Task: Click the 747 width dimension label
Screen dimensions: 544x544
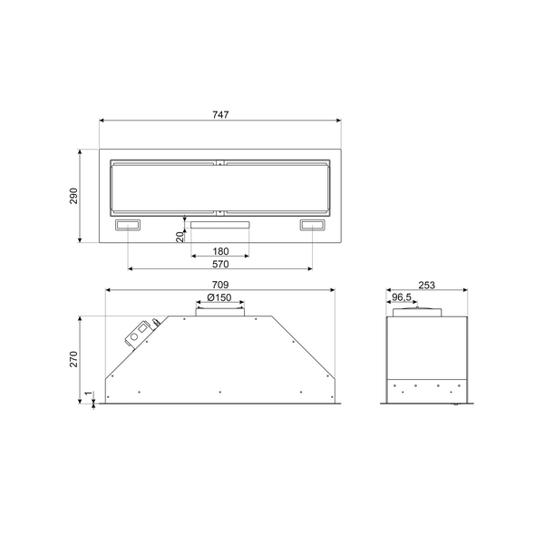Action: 219,114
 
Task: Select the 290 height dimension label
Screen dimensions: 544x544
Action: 74,196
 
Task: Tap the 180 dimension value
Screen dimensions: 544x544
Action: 219,251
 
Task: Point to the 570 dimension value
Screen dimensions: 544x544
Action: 219,265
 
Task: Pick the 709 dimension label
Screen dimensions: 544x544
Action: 219,285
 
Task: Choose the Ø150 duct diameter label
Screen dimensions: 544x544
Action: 219,297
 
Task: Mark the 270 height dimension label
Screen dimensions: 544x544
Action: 74,360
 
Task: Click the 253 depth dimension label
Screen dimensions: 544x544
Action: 427,285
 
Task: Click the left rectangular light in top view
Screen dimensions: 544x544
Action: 128,226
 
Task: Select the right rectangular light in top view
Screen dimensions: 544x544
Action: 312,226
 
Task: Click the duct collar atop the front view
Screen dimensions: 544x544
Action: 219,311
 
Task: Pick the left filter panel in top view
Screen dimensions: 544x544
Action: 163,188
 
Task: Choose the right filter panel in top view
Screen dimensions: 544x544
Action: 276,188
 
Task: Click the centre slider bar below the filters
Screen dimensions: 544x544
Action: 219,223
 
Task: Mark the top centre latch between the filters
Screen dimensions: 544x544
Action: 219,163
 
